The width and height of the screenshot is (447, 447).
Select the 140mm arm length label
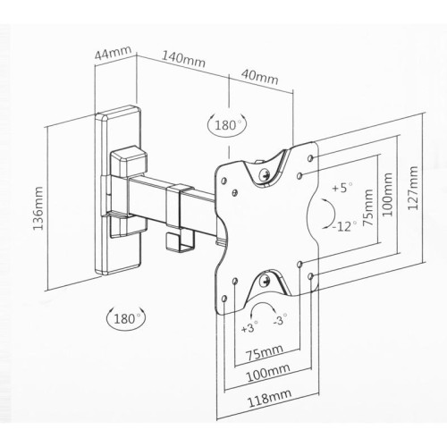click(x=183, y=59)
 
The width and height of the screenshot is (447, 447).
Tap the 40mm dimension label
click(x=259, y=77)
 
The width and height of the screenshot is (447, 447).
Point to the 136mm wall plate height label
click(x=38, y=208)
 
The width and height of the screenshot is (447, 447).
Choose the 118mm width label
click(x=269, y=398)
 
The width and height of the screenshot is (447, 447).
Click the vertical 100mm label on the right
click(x=387, y=194)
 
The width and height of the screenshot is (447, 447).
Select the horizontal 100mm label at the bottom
click(x=268, y=372)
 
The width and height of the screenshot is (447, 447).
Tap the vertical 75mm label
click(x=367, y=207)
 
